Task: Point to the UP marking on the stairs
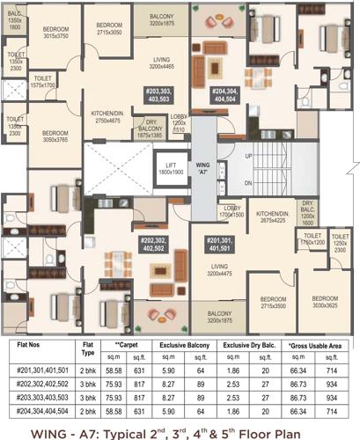pos(248,156)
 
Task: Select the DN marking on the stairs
pos(248,182)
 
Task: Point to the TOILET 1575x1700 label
pos(43,82)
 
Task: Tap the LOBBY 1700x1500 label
pos(231,210)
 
